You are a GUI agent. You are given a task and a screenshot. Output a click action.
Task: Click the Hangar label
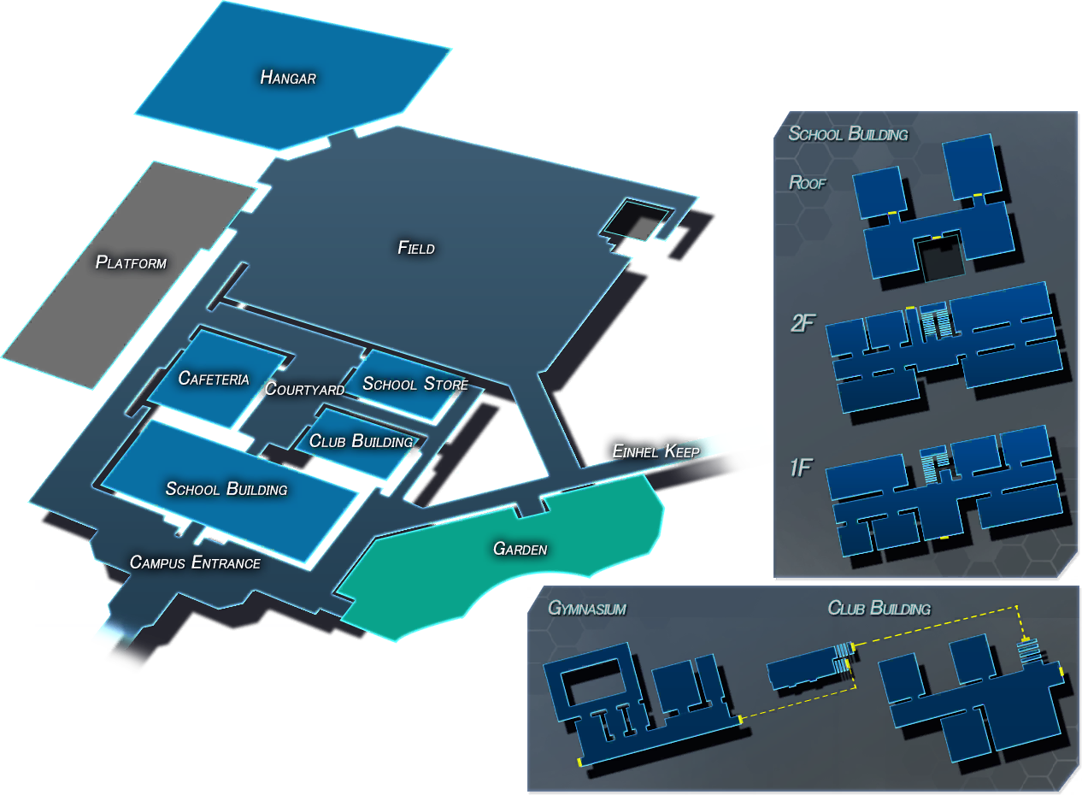coord(288,77)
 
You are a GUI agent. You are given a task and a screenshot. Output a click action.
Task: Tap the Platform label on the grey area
coord(131,262)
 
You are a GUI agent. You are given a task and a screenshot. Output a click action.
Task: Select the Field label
coord(416,247)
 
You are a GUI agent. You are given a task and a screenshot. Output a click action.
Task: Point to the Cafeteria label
coord(214,378)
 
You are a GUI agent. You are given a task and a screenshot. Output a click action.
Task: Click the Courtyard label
coord(305,389)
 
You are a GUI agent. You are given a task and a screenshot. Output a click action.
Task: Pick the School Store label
coord(415,383)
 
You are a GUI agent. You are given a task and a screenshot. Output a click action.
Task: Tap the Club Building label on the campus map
coord(361,440)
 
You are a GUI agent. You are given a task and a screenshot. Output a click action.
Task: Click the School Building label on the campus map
coord(226,489)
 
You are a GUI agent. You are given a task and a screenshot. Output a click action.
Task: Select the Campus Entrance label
coord(195,562)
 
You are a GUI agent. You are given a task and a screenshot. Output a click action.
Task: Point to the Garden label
coord(520,549)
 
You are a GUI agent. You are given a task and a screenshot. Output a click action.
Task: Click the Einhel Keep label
coord(656,450)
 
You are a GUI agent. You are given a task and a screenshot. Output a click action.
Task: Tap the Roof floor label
coord(807,183)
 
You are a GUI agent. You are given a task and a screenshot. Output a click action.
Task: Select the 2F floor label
coord(803,323)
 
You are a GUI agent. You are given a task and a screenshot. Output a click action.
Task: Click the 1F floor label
coord(802,468)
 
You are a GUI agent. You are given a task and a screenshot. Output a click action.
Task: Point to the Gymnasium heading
coord(587,608)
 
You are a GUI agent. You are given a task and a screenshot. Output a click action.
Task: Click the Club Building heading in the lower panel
coord(879,608)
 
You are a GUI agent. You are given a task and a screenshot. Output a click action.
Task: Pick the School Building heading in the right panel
coord(848,133)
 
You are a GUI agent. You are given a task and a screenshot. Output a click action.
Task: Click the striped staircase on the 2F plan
coord(936,323)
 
